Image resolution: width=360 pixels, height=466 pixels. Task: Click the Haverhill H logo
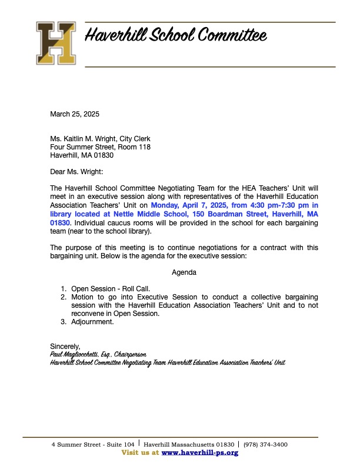tap(56, 42)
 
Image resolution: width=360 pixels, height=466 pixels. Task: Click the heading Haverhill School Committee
tap(176, 36)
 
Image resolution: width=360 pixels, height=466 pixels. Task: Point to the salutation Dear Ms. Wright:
tap(76, 172)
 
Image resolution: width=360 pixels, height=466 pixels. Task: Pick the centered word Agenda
tap(184, 272)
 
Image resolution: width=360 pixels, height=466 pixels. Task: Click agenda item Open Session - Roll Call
tap(111, 289)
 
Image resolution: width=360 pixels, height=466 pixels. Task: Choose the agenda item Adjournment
tap(92, 322)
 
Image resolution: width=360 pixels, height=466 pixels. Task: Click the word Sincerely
tap(65, 346)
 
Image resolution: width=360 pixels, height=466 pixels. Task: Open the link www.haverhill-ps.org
tap(199, 452)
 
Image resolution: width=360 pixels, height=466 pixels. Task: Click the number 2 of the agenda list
tap(64, 297)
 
